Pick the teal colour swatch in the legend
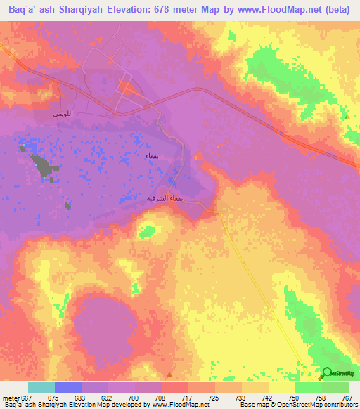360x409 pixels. [41, 387]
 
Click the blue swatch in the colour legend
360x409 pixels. [68, 387]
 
